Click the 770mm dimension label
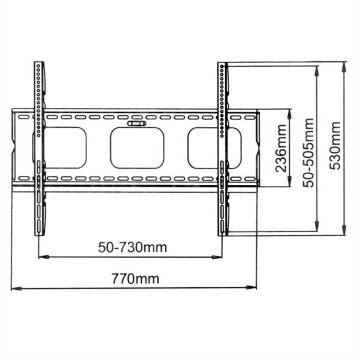[x=136, y=278]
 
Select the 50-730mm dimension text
[x=133, y=247]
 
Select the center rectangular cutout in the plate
[x=137, y=148]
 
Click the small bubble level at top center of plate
[x=137, y=124]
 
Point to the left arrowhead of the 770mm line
[x=14, y=289]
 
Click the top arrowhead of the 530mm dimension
[x=344, y=65]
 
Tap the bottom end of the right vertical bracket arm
[x=223, y=233]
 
